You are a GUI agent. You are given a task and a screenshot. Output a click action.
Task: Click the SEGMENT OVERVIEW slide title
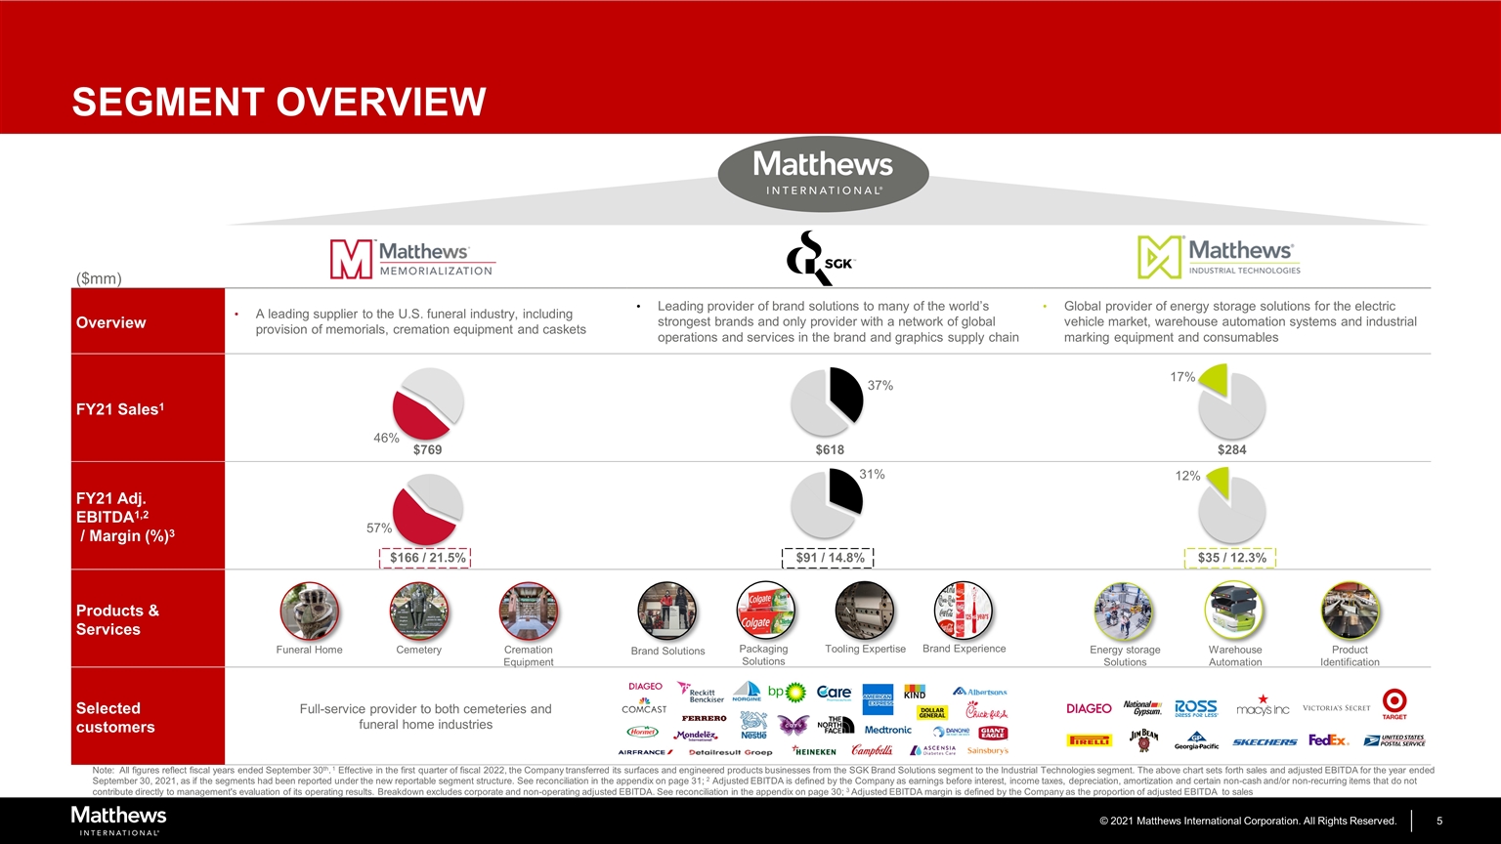[x=279, y=102]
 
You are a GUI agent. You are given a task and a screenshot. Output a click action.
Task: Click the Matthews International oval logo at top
[x=823, y=174]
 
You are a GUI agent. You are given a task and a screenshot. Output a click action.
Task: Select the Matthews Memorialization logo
[x=411, y=259]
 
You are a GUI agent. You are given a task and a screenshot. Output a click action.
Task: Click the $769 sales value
[x=427, y=450]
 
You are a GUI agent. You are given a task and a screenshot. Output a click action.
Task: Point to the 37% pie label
[x=879, y=386]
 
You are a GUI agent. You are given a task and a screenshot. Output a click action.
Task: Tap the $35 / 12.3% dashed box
[x=1231, y=558]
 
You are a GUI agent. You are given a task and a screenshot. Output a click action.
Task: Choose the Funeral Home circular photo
[x=309, y=612]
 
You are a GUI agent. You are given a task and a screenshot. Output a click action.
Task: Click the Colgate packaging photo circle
[x=764, y=611]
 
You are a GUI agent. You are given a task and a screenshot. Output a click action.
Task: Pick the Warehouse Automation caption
[x=1235, y=655]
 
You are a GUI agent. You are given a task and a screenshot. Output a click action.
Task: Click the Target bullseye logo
[x=1394, y=702]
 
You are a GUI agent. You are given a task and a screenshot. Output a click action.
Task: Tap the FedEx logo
[x=1328, y=740]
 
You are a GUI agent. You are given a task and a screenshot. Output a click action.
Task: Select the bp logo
[x=793, y=693]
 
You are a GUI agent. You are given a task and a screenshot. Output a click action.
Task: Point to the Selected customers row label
[x=108, y=717]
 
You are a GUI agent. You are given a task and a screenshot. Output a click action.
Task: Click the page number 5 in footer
[x=1438, y=821]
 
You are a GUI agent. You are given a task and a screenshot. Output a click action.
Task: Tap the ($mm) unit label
[x=99, y=278]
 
